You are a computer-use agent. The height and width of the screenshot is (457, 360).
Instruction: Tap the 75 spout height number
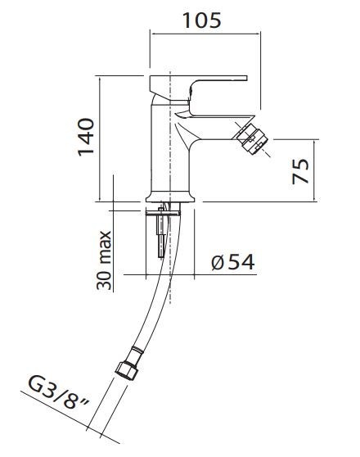(x=300, y=171)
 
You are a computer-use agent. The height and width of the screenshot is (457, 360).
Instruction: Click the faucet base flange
(x=171, y=197)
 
